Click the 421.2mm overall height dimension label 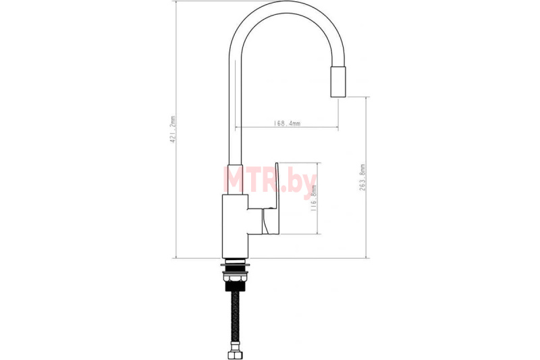pyautogui.click(x=173, y=129)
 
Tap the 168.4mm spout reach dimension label pyautogui.click(x=287, y=123)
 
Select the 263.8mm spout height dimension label pyautogui.click(x=362, y=178)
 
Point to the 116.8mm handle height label pyautogui.click(x=313, y=198)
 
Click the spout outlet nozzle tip pyautogui.click(x=338, y=81)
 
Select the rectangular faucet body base pyautogui.click(x=235, y=226)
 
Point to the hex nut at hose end pyautogui.click(x=236, y=354)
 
